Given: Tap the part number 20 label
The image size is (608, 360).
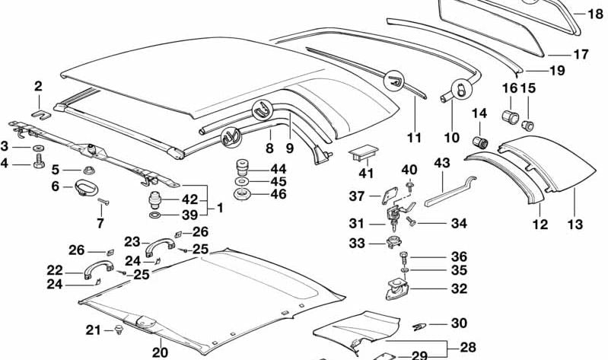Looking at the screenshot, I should pos(159,352).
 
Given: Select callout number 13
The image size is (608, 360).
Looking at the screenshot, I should pos(575,225).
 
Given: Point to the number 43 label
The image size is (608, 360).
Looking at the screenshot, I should pos(443,163).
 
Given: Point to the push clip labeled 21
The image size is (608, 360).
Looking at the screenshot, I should pos(119,330).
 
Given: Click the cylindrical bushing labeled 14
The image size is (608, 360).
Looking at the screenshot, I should pos(480,142).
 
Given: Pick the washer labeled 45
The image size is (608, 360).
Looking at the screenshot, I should pos(241,183).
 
